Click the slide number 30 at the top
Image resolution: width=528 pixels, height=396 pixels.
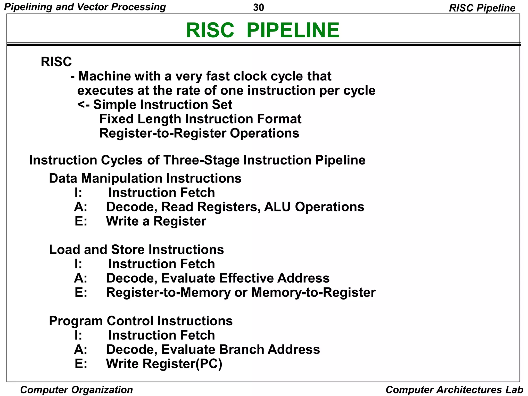258,7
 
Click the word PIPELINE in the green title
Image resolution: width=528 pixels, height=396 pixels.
293,30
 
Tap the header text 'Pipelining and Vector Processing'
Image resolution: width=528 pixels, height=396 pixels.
85,7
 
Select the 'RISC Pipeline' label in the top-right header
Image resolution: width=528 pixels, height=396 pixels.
482,8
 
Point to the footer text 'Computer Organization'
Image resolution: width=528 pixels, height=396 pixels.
77,390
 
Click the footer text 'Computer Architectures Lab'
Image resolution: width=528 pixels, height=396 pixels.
454,390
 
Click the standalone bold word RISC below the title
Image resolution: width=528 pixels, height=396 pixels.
56,62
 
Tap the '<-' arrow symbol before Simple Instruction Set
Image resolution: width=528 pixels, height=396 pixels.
84,105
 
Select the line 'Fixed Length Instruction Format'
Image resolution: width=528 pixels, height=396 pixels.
200,119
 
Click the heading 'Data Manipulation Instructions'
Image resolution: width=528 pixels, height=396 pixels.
145,178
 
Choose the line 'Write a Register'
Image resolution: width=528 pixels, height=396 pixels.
156,221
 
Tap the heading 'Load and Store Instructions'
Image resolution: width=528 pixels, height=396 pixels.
136,250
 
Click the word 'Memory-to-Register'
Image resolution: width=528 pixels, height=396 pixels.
313,292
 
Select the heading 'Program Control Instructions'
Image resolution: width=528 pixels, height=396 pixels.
141,321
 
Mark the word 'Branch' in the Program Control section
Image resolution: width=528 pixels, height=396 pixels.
241,350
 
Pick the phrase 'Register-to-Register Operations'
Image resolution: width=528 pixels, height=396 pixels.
199,133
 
